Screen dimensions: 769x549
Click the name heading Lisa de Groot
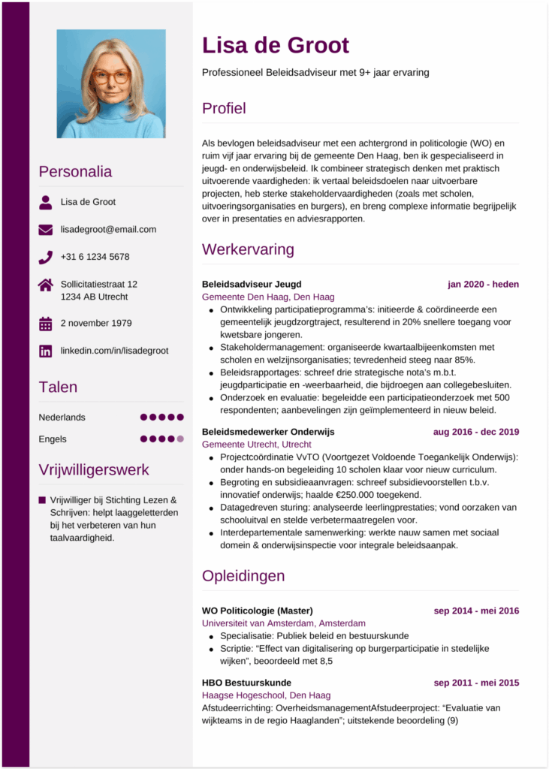coord(276,45)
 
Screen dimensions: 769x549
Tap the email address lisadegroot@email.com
coord(108,229)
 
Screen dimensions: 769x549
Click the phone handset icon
coord(46,257)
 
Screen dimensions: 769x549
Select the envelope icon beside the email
coord(46,230)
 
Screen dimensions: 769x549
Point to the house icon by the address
coord(46,285)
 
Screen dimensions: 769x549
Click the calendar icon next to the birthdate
coord(46,324)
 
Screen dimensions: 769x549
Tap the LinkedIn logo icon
coord(46,351)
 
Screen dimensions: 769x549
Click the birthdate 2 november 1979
coord(96,324)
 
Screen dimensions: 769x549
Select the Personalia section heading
coord(75,171)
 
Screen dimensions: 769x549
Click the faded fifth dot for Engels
coord(179,439)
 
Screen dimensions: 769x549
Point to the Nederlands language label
coord(62,417)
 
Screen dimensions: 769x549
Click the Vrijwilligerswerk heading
coord(94,470)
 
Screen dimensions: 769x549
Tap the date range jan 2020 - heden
coord(483,285)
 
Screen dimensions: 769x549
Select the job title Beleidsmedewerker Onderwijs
coord(268,432)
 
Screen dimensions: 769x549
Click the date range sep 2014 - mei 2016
coord(476,611)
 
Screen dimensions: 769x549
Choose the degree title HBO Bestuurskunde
coord(246,683)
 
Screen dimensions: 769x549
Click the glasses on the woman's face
coord(111,77)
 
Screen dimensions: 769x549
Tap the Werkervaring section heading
coord(248,249)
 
